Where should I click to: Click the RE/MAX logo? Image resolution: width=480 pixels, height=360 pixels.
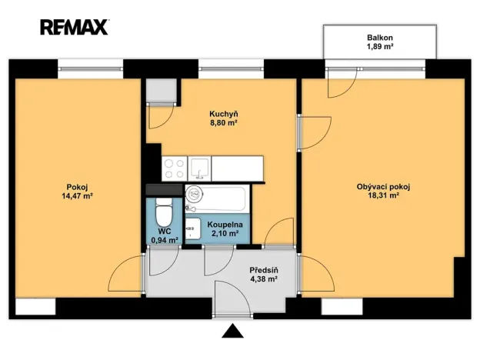click(x=75, y=27)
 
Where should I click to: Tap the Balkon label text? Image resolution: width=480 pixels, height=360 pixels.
click(x=380, y=38)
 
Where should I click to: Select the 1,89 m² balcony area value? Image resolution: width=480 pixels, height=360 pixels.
click(x=380, y=46)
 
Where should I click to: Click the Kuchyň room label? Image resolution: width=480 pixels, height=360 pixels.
click(x=224, y=114)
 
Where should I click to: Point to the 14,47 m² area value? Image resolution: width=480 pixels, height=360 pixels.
click(x=78, y=196)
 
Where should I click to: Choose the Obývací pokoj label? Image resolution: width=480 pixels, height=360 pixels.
click(x=383, y=187)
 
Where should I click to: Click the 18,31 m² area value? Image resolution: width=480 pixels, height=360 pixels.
click(x=383, y=195)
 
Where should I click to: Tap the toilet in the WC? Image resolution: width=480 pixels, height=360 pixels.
click(x=164, y=212)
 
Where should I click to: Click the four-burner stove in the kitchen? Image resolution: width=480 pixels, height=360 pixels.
click(x=174, y=168)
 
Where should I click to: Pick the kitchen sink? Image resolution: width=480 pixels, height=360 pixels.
click(x=199, y=168)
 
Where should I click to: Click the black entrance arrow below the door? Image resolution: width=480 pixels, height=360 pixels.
click(x=232, y=331)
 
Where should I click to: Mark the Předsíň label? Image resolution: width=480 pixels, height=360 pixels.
click(x=264, y=270)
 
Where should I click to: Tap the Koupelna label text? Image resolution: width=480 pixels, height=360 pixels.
click(x=225, y=225)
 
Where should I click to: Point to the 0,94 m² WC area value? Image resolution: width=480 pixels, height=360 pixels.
click(x=165, y=240)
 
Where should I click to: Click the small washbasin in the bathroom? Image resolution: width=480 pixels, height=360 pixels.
click(x=193, y=228)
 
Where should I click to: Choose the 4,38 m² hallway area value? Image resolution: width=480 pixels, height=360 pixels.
click(x=264, y=279)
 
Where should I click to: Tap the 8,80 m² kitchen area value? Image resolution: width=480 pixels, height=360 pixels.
click(x=224, y=123)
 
